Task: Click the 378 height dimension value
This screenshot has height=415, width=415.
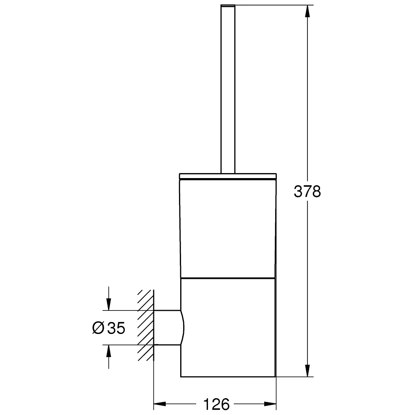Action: (x=307, y=192)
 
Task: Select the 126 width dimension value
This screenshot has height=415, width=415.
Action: (x=216, y=404)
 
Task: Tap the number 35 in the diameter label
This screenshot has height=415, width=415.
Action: (x=116, y=328)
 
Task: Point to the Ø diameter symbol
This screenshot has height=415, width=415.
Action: (x=98, y=328)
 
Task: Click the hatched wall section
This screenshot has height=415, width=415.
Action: (x=145, y=326)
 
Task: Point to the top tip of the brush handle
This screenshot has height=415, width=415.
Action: (x=227, y=5)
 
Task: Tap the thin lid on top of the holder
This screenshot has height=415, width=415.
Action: (x=228, y=176)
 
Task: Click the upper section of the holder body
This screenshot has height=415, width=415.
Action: (x=228, y=227)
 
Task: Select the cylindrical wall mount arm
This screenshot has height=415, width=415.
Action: (x=167, y=328)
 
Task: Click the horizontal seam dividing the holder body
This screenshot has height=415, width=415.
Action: (x=228, y=278)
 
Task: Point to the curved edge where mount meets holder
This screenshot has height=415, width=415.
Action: (x=183, y=328)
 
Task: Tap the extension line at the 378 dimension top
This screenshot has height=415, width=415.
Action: (x=273, y=5)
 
